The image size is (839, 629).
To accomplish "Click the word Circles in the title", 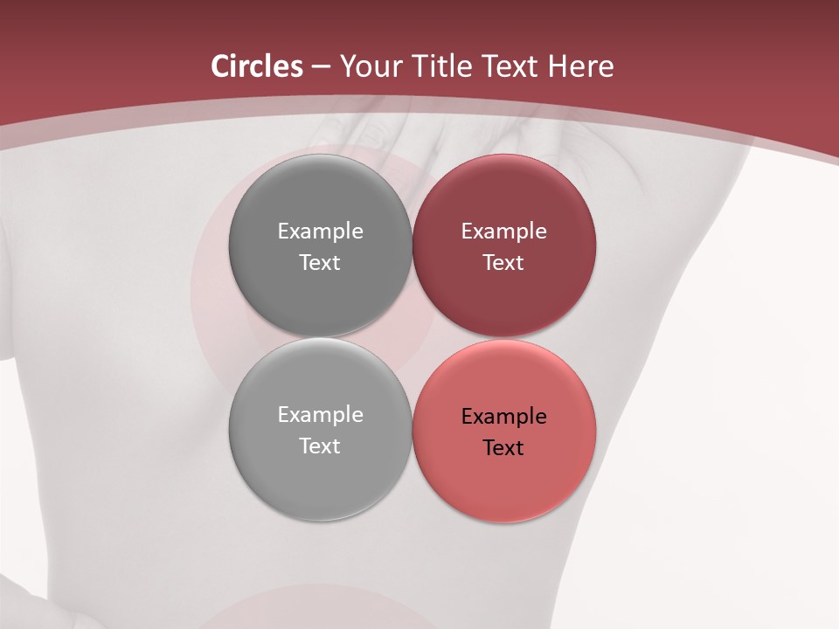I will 256,66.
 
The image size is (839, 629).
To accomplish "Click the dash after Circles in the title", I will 320,67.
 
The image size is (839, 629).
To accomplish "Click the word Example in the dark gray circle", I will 320,231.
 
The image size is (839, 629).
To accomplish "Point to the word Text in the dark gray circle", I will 320,262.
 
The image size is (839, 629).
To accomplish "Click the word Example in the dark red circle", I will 504,231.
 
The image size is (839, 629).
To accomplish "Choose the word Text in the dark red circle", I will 504,262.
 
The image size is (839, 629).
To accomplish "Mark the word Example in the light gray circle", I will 320,415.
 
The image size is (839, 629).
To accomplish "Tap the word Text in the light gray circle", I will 320,446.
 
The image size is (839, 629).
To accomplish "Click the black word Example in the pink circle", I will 504,417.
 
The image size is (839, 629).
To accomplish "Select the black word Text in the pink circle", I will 504,448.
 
